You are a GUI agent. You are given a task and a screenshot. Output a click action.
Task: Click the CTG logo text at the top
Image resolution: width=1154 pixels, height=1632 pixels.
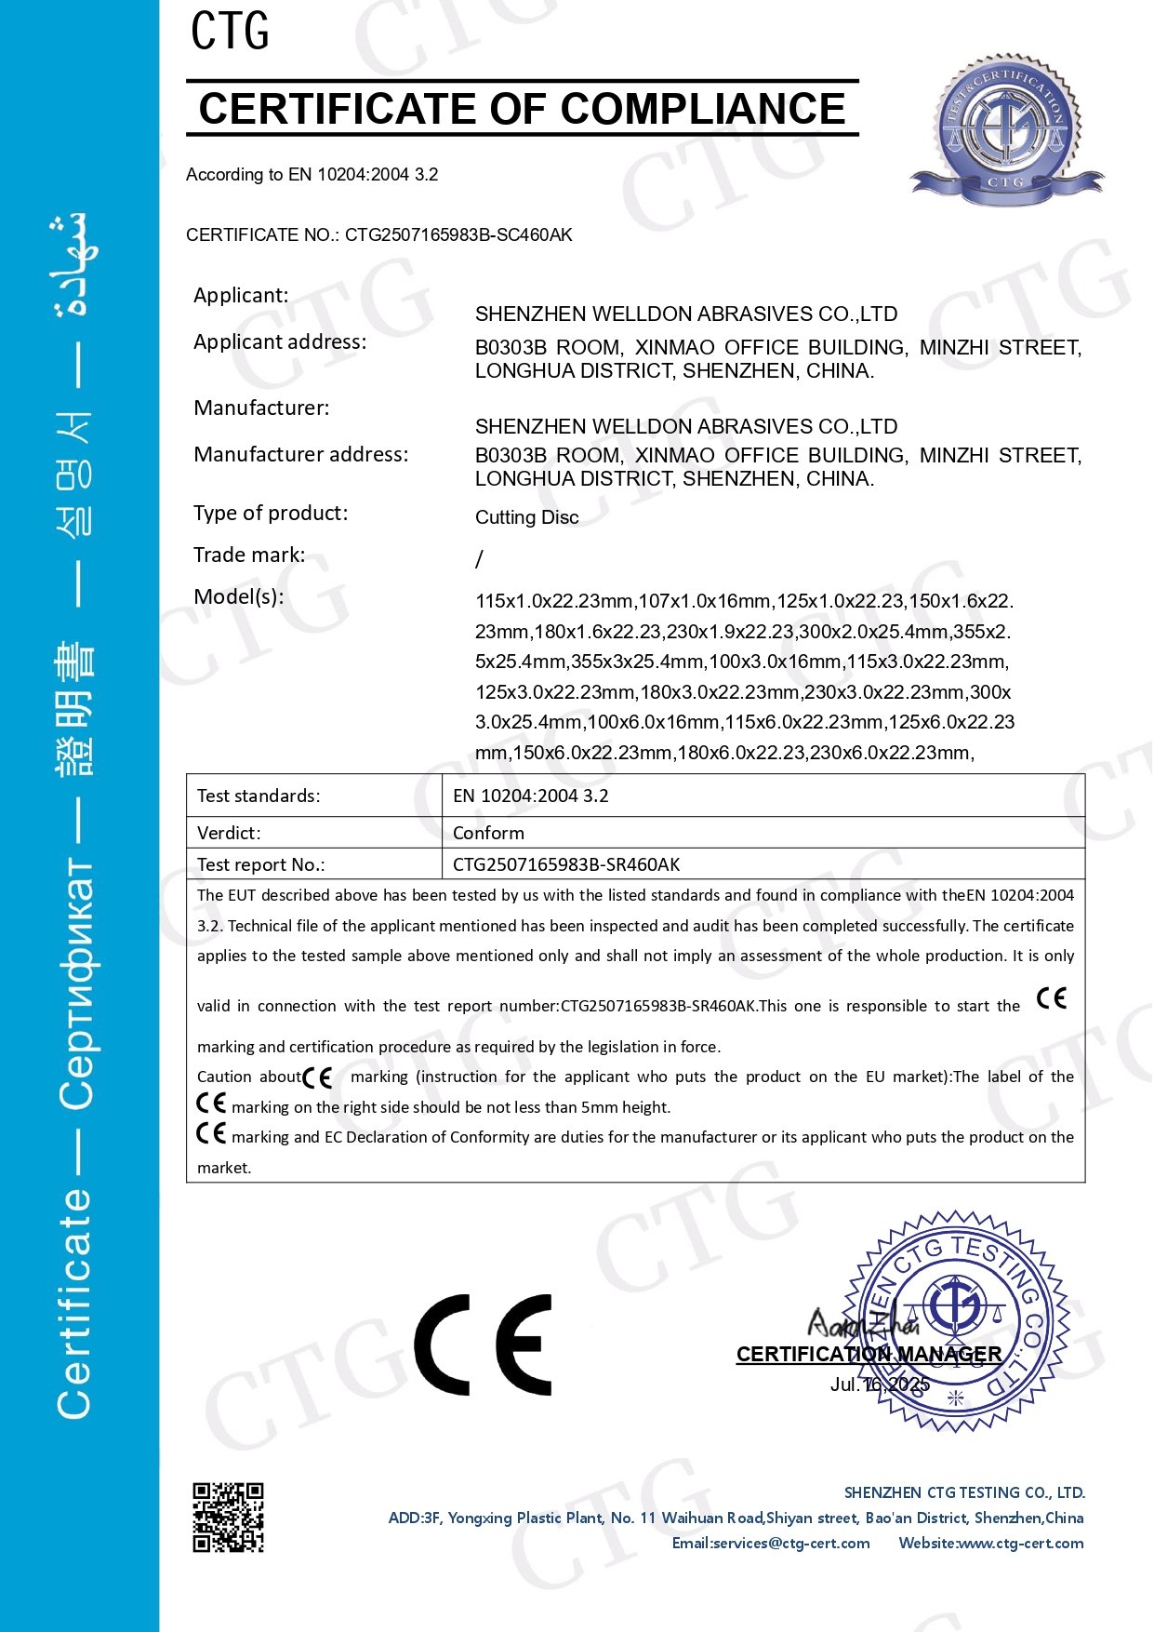[230, 31]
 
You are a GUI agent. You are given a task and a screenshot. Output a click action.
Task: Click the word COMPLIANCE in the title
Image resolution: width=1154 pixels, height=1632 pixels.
[703, 109]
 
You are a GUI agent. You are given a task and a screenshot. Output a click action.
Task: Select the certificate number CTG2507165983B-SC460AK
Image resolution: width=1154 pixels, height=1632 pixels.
[458, 234]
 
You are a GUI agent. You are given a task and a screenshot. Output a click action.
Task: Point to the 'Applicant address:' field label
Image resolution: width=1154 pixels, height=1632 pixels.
[280, 341]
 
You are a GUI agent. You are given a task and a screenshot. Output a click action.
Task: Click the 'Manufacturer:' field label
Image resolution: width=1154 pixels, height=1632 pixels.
[261, 408]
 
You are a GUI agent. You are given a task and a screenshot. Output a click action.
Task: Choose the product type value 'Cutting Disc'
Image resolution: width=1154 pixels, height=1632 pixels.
[526, 517]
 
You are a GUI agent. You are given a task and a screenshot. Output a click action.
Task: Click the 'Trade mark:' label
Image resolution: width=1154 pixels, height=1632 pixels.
[248, 555]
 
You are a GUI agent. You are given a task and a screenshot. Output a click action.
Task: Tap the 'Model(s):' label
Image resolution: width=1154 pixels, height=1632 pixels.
[238, 596]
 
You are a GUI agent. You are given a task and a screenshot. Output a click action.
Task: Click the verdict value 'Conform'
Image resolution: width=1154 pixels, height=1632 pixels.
[488, 833]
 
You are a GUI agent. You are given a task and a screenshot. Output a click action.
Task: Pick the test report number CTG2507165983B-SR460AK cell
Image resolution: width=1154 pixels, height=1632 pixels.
[566, 864]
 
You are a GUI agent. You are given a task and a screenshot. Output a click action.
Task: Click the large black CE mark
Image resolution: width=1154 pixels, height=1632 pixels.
[483, 1344]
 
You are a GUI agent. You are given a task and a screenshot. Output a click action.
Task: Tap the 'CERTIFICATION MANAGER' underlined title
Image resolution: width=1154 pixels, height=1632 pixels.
[869, 1354]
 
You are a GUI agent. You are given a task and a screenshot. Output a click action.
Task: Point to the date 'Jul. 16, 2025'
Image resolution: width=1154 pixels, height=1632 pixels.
[879, 1385]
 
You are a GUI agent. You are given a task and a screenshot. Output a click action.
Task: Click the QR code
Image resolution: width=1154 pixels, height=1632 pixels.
[228, 1518]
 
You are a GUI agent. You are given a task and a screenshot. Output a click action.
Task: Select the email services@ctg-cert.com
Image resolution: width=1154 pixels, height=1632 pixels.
[771, 1543]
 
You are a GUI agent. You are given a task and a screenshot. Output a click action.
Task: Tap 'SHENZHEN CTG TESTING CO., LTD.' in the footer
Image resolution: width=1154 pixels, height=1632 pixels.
[964, 1492]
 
